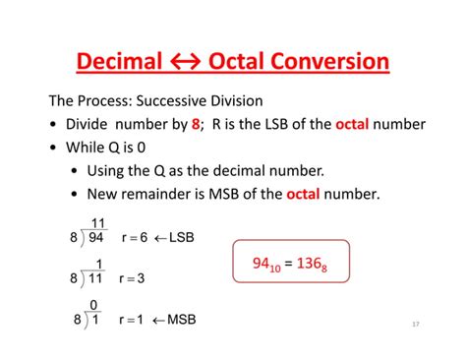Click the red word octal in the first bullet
coord(354,125)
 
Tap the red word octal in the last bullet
coord(305,194)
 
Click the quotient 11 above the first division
coord(98,223)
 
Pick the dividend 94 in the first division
coord(96,238)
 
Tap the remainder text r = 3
coord(132,278)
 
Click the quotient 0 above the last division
coord(95,306)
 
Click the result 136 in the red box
coord(324,264)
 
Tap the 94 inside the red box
coord(262,263)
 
